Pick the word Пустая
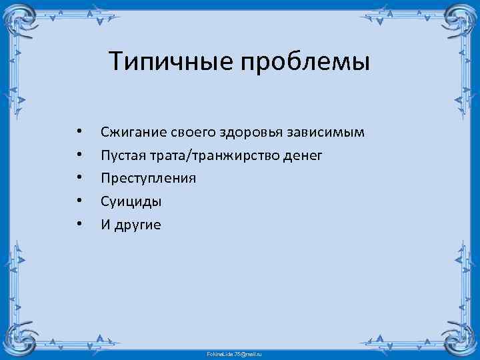(x=121, y=155)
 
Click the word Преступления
(x=148, y=179)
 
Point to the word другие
(x=138, y=225)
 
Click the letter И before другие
(x=105, y=225)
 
